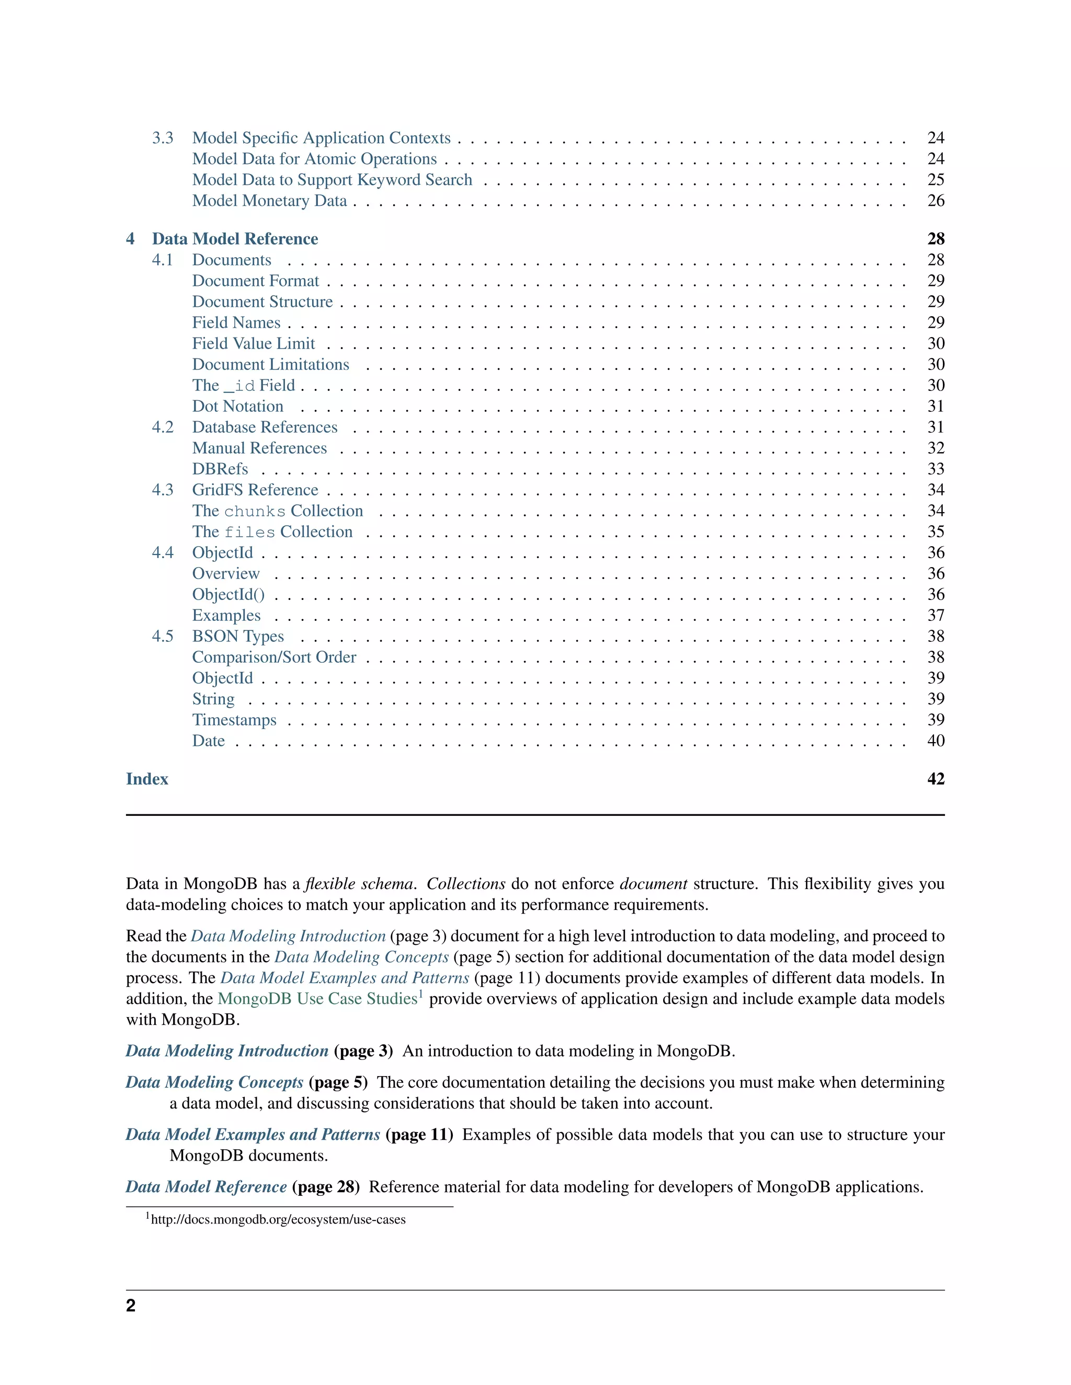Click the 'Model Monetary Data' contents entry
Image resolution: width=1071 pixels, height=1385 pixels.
[270, 201]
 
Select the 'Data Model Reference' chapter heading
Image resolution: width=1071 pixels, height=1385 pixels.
[235, 239]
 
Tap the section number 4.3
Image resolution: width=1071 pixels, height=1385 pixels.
[163, 490]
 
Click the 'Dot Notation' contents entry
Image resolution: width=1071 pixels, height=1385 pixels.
[238, 407]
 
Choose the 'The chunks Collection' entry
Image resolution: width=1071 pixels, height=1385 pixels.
[277, 511]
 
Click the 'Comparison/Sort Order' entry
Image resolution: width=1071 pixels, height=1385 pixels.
[274, 657]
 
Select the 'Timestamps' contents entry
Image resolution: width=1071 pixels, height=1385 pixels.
[234, 720]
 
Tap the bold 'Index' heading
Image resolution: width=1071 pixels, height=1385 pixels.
[147, 779]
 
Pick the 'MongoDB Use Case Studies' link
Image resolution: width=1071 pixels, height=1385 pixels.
[317, 999]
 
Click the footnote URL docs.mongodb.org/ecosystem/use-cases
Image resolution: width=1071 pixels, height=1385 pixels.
[278, 1219]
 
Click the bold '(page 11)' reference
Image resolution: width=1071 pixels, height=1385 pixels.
[419, 1135]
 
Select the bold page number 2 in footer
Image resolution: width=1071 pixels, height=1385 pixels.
[131, 1306]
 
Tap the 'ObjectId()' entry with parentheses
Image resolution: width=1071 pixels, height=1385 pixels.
[229, 595]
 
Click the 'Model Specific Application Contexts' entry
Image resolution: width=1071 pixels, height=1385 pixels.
[321, 138]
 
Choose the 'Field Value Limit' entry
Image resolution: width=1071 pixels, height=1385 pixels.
[253, 344]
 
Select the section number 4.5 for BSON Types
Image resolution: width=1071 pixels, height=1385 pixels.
[163, 637]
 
